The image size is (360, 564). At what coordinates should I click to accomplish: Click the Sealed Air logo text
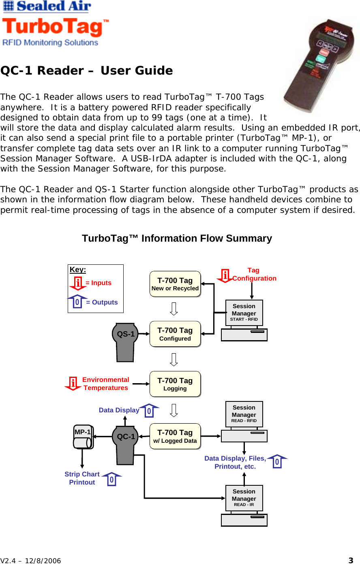(x=47, y=6)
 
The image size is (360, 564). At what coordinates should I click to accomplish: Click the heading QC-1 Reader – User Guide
(x=86, y=71)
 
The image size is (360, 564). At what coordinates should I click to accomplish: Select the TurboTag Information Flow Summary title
(x=177, y=238)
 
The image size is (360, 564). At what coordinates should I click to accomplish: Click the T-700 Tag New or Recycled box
(x=175, y=284)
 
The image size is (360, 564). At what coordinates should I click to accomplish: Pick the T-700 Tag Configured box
(x=175, y=334)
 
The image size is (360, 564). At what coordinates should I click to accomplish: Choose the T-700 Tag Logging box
(x=175, y=384)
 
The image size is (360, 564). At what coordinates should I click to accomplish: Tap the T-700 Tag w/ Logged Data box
(x=175, y=436)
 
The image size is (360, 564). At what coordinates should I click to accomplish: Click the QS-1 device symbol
(x=125, y=341)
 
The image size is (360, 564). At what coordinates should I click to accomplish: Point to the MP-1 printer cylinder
(x=84, y=437)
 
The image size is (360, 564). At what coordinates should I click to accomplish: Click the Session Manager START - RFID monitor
(x=244, y=313)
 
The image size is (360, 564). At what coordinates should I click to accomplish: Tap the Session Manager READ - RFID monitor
(x=244, y=414)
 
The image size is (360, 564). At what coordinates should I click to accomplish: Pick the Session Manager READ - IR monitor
(x=244, y=498)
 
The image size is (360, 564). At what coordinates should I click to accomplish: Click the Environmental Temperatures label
(x=105, y=384)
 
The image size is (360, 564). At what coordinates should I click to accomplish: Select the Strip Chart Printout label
(x=82, y=478)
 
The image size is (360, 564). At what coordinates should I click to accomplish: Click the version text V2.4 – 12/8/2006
(x=31, y=561)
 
